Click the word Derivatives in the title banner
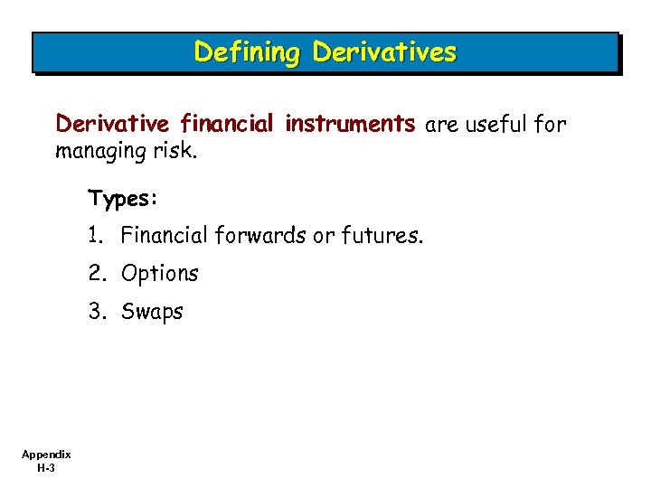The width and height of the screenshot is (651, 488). click(384, 52)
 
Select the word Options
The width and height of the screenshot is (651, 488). click(160, 274)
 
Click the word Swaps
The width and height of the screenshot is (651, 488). click(152, 313)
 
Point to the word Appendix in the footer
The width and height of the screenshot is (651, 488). click(47, 455)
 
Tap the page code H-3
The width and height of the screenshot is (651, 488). click(47, 468)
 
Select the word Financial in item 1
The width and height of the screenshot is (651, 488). click(165, 236)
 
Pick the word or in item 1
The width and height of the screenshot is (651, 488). click(324, 237)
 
